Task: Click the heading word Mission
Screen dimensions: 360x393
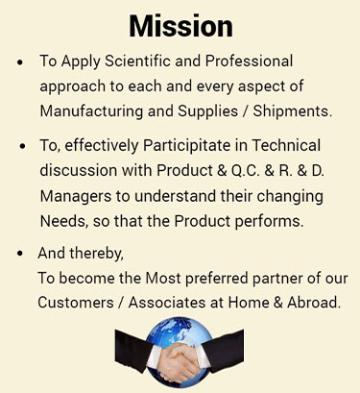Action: (x=180, y=26)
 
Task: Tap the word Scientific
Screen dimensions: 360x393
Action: (x=137, y=61)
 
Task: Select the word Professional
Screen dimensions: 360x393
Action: (x=249, y=61)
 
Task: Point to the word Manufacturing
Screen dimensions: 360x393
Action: (x=91, y=111)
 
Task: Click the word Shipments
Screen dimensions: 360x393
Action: (x=292, y=111)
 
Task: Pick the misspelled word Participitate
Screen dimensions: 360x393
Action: (x=186, y=145)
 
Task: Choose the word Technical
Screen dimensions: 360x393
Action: (x=286, y=145)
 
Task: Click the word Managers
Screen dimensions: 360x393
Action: (x=76, y=196)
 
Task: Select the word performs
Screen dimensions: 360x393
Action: (x=269, y=221)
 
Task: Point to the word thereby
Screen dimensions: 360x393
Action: (x=96, y=253)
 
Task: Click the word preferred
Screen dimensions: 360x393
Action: (x=217, y=278)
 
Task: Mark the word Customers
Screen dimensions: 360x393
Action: (x=76, y=303)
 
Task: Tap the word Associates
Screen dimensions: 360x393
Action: (x=166, y=303)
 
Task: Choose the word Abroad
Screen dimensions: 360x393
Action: (x=313, y=303)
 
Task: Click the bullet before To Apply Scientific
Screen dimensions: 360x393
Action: (x=20, y=61)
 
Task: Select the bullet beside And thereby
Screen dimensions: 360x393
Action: (x=20, y=253)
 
